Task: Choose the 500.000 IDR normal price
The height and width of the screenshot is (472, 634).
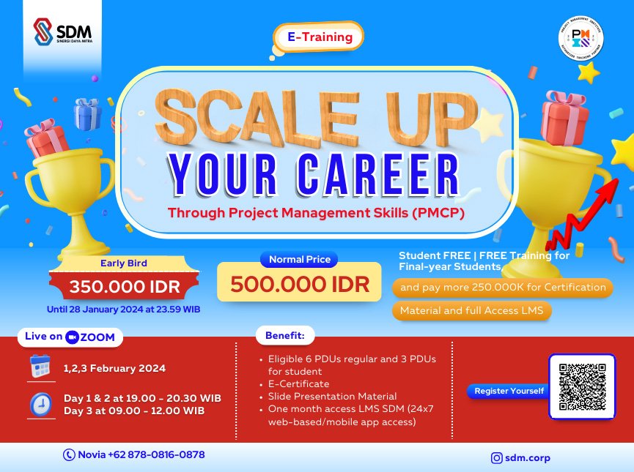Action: click(299, 284)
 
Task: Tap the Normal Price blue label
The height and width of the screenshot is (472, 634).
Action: click(299, 259)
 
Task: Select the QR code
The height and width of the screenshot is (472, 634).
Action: click(582, 386)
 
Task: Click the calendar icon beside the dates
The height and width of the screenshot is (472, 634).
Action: click(40, 366)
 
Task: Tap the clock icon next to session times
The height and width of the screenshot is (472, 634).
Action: click(40, 404)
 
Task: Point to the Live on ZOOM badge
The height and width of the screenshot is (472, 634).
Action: click(70, 337)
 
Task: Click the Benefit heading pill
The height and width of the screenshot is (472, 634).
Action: click(285, 337)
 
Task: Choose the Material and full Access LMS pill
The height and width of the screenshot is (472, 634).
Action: click(471, 310)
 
